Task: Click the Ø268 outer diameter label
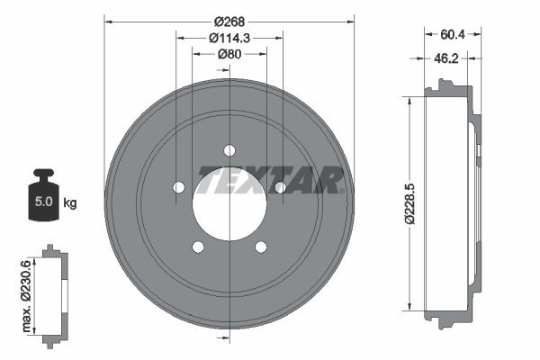(229, 20)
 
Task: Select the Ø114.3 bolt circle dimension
(229, 37)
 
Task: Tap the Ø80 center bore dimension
(229, 54)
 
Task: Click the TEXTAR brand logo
(270, 180)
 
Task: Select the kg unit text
(69, 202)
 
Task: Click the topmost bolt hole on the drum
(229, 149)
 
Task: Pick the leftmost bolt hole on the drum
(178, 187)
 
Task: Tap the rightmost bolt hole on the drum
(280, 187)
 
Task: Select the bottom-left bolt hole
(198, 247)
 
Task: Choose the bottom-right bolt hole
(261, 247)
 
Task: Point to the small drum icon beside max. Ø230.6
(56, 292)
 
